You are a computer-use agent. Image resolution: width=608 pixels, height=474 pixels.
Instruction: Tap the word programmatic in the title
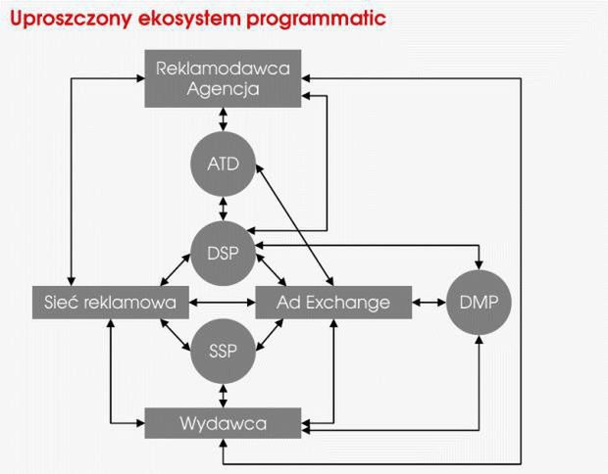pos(316,19)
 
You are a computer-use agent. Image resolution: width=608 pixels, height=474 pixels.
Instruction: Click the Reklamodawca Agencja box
pos(224,80)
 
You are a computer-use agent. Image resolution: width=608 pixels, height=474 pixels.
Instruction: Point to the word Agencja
pos(224,91)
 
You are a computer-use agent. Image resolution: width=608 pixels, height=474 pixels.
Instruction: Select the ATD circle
pos(224,163)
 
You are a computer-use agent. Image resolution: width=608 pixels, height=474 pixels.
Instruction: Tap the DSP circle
pos(224,252)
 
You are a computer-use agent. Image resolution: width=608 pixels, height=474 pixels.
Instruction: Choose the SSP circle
pos(224,351)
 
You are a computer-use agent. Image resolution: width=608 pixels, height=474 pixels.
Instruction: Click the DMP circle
pos(479,302)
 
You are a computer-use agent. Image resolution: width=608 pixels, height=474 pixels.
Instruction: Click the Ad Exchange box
pos(333,302)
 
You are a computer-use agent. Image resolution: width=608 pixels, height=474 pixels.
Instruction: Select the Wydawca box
pos(224,423)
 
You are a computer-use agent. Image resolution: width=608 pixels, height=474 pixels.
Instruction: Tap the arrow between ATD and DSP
pos(224,208)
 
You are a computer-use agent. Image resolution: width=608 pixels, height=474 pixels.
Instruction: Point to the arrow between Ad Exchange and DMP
pos(430,302)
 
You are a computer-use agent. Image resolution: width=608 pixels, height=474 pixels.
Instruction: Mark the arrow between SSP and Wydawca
pos(224,393)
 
